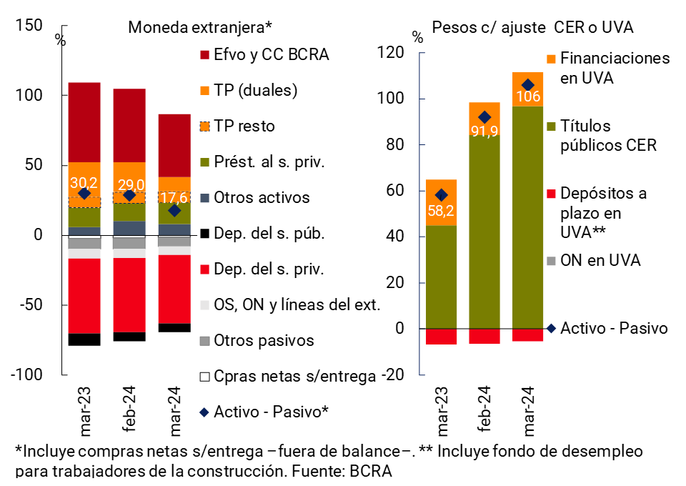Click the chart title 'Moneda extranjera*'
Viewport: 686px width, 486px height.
(199, 27)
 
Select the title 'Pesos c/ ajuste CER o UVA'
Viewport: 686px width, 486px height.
(532, 27)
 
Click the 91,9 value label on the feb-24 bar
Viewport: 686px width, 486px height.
(484, 132)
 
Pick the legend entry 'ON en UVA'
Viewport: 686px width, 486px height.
(600, 261)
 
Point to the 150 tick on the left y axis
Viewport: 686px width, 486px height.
(29, 25)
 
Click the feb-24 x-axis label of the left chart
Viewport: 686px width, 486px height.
(130, 411)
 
